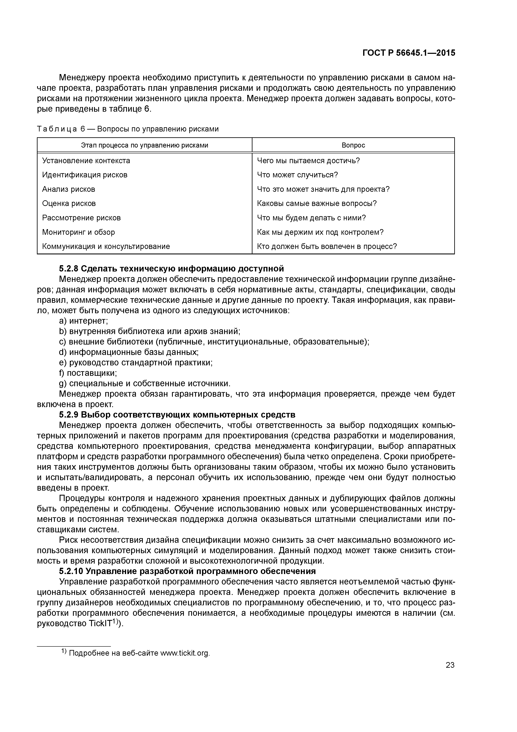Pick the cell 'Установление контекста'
click(x=86, y=161)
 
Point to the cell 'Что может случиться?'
click(x=297, y=175)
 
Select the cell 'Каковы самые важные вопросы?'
click(x=317, y=203)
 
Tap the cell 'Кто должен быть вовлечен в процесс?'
click(x=327, y=246)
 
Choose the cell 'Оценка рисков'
click(x=69, y=203)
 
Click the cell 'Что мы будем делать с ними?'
click(x=311, y=218)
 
